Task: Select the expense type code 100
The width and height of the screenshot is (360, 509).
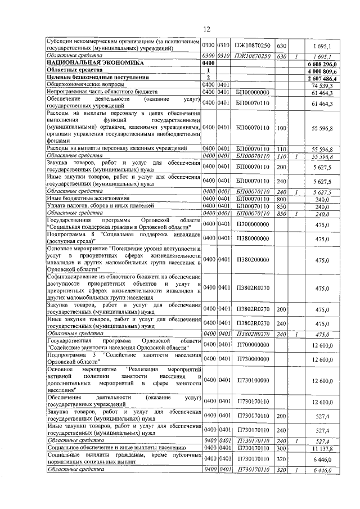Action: pos(282,128)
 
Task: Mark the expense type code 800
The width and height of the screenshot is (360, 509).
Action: pos(282,199)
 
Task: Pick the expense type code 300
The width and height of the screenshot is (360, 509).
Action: pos(282,448)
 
